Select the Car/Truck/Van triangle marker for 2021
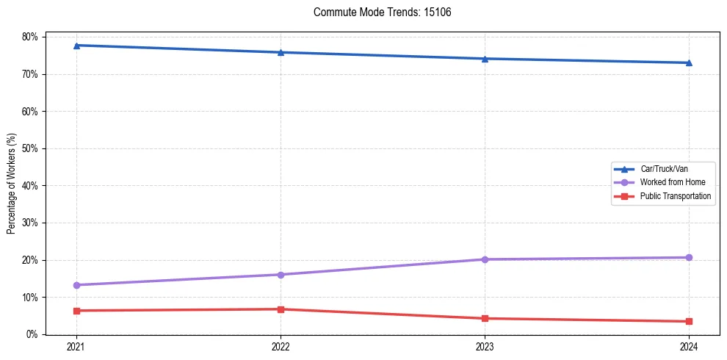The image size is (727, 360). click(x=76, y=46)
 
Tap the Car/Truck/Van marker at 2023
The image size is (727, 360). click(x=485, y=59)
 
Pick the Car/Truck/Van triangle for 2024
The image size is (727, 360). click(x=689, y=62)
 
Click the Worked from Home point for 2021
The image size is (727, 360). click(x=76, y=285)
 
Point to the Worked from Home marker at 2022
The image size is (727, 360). click(x=281, y=275)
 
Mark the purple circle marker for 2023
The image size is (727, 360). click(x=485, y=259)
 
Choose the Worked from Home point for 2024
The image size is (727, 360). click(x=689, y=257)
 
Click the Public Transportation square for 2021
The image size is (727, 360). click(x=76, y=311)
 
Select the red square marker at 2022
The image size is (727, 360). click(x=281, y=309)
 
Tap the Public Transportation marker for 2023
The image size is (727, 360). click(x=485, y=318)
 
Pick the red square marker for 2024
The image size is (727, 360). click(x=689, y=321)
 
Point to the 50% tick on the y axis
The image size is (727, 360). click(x=31, y=148)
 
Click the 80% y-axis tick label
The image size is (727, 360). click(x=31, y=37)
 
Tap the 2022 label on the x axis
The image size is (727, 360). click(x=281, y=347)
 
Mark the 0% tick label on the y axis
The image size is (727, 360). click(x=33, y=334)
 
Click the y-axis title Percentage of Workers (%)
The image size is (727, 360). click(x=12, y=184)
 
